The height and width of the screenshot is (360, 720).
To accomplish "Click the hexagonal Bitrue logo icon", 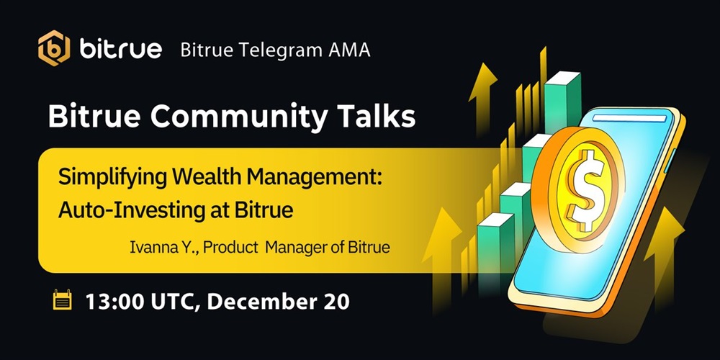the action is pos(54,48).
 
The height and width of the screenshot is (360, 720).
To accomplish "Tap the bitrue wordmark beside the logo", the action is pos(120,49).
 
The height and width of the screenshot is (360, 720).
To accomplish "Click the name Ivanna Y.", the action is pos(164,247).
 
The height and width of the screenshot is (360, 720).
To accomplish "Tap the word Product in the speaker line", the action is pos(230,247).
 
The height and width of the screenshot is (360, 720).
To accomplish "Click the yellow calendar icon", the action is pos(63,300).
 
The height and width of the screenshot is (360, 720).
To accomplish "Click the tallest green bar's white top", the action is pos(562,78).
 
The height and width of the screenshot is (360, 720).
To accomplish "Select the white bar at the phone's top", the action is pos(629,119).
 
